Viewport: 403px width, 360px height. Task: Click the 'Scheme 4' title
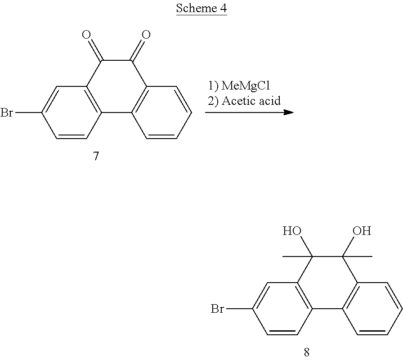coord(201,9)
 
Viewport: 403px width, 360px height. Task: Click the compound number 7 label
coord(96,156)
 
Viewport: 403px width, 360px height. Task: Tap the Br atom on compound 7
coord(7,112)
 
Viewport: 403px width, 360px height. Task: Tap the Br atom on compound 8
coord(218,309)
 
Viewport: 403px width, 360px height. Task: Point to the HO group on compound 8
coord(291,232)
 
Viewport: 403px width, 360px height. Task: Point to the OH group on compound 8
coord(362,231)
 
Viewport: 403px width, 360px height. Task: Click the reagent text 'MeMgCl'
coord(246,85)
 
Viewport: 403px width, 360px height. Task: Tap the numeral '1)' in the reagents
coord(213,85)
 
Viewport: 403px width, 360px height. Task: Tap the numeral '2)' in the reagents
coord(213,100)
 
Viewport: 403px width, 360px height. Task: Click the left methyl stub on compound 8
coord(290,256)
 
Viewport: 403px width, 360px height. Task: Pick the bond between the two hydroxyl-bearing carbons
coord(327,256)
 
